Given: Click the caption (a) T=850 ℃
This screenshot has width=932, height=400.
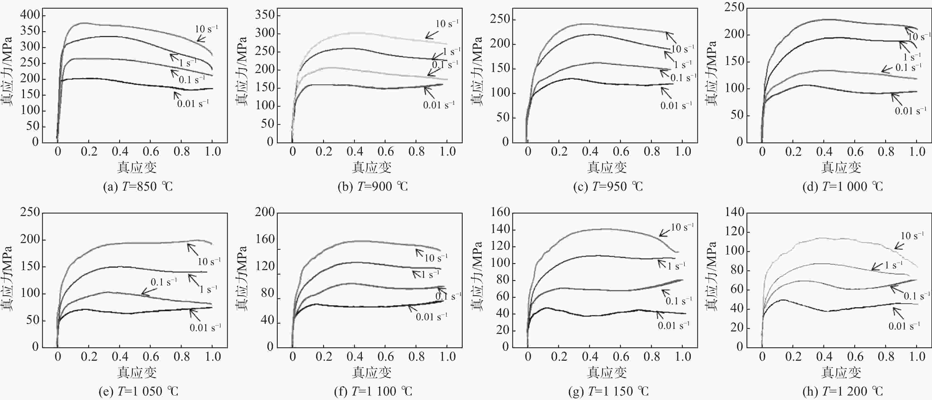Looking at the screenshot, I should (138, 187).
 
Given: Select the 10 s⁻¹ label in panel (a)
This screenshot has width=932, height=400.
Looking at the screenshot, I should (206, 29).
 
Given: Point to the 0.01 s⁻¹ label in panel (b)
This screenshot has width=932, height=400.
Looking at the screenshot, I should (438, 105).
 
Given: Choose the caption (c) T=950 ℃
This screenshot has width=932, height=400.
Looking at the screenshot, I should (608, 187).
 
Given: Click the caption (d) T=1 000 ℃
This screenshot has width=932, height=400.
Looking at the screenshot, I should (843, 187).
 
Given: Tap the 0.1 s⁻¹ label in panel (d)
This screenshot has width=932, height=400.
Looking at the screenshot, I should (908, 68).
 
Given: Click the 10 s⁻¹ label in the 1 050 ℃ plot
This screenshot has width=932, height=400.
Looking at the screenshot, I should (209, 261).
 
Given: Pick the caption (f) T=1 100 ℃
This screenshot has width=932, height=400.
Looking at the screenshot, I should (373, 391).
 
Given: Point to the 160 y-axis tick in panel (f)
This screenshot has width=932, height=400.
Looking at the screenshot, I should (265, 239).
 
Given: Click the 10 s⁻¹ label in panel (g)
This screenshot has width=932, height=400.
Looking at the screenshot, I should (682, 227).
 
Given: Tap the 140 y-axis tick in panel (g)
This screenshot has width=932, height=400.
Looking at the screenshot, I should (500, 229).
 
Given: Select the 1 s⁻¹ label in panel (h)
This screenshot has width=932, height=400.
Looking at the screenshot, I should (893, 265).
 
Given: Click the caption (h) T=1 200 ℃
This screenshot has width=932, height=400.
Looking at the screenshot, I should (843, 391).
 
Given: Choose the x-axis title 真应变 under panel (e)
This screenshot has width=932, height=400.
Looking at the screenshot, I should (137, 372).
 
